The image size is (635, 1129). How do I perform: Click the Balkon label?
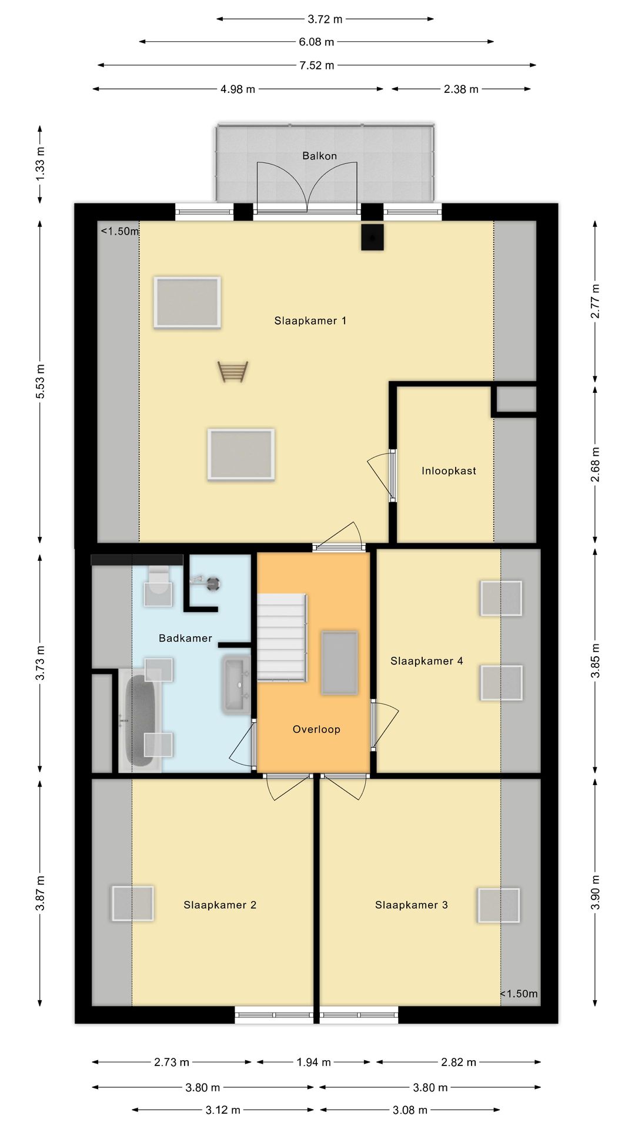pos(319,156)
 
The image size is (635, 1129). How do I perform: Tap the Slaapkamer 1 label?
pos(310,320)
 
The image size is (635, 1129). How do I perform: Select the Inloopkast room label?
pos(449,470)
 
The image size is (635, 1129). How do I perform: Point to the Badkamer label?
pos(185,638)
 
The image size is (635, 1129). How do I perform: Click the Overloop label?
pos(316,729)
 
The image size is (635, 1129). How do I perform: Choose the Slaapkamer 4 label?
pos(427,661)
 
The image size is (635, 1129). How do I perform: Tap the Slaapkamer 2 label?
pos(220,905)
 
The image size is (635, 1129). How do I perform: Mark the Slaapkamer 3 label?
pos(412,905)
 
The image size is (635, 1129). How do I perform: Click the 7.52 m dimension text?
pos(317,65)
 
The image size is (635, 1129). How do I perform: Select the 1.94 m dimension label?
pos(313,1062)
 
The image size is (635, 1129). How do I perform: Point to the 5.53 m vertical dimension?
pos(40,382)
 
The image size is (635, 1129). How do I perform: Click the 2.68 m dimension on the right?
pos(595,465)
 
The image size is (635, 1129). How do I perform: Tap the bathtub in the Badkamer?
pos(141,720)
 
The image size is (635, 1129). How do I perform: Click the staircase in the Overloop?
pos(282,637)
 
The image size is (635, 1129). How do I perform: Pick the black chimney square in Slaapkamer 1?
pos(372,238)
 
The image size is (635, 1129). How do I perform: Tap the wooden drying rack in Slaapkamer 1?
pos(233,372)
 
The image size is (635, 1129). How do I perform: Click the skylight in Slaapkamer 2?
pos(133,904)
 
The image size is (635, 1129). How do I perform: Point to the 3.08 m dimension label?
pos(410,1110)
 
